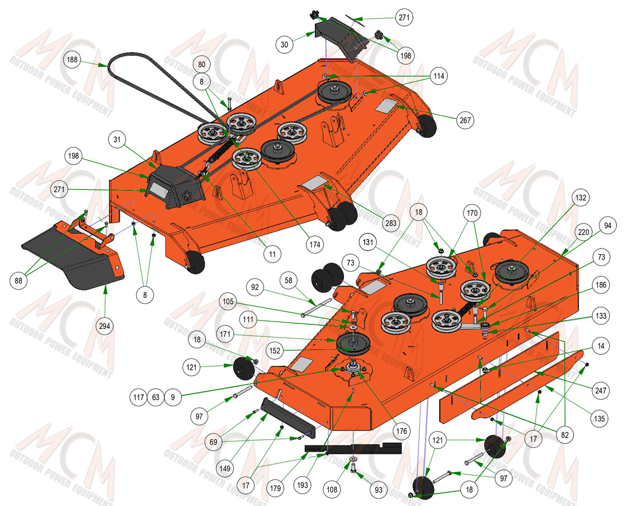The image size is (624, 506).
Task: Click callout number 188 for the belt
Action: coord(73,60)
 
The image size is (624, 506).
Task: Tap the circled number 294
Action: coord(104,326)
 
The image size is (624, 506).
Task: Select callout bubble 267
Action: coord(465,120)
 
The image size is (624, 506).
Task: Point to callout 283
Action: coord(391,223)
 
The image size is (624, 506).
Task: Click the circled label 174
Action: coord(315,244)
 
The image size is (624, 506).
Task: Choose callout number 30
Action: coord(284,44)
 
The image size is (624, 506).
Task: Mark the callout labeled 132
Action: coord(581,198)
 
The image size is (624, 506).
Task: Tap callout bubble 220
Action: coord(583,232)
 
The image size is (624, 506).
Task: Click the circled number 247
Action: coord(601,390)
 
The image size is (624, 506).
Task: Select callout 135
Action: coord(600,418)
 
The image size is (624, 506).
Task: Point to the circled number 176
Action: coord(402,431)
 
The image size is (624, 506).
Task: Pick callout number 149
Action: coord(225,468)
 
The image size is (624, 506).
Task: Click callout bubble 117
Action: coord(138,397)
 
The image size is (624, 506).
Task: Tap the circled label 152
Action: coord(275,351)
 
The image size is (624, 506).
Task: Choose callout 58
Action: coord(289,280)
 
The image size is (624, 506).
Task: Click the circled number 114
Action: coord(439,75)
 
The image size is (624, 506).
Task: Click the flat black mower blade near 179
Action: coord(353,448)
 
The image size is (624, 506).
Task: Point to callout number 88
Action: coord(18,280)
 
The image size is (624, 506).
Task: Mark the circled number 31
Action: coord(117,140)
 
